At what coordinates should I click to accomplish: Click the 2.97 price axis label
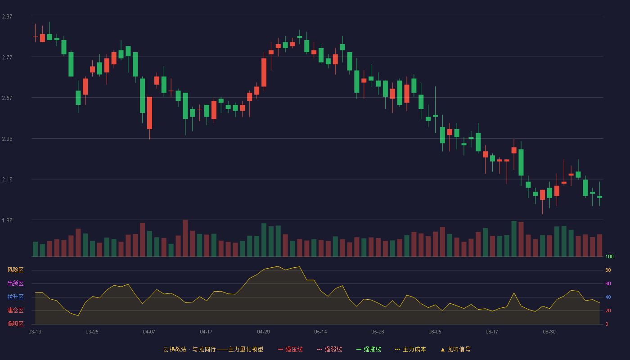pos(7,17)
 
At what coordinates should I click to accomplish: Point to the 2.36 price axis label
pos(7,139)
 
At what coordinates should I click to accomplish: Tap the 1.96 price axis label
pos(7,220)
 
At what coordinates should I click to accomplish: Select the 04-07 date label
pos(149,332)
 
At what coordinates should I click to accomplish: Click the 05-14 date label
pos(320,332)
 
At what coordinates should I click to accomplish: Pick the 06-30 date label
pos(549,332)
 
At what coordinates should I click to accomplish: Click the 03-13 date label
pos(35,332)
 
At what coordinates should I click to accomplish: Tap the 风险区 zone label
pos(15,270)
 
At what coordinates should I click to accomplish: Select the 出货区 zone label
pos(15,283)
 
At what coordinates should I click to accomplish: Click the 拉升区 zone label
pos(15,297)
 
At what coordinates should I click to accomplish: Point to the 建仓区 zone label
pos(15,310)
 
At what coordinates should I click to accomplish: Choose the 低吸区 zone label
pos(15,324)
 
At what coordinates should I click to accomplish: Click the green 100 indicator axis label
pos(609,256)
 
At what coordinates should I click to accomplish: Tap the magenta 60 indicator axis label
pos(608,283)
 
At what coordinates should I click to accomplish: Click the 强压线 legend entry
pos(290,349)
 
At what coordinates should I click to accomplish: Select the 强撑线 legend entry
pos(369,349)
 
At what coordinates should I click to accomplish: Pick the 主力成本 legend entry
pos(410,349)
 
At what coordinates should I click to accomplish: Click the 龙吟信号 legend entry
pos(455,349)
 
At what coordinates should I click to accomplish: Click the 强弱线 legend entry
pos(329,349)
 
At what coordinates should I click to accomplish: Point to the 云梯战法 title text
pos(175,349)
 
